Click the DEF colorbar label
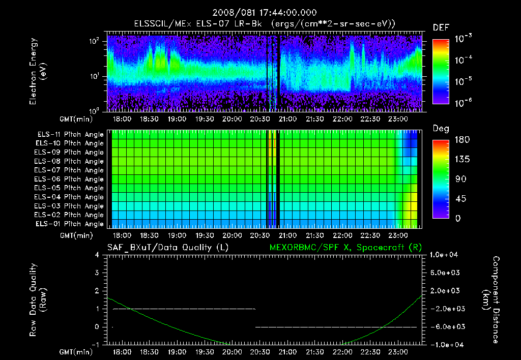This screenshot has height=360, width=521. click(441, 27)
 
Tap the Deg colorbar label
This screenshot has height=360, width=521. click(441, 129)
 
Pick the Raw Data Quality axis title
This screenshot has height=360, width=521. click(38, 300)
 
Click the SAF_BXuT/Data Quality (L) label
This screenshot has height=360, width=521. click(167, 247)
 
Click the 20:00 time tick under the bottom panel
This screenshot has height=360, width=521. click(232, 352)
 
